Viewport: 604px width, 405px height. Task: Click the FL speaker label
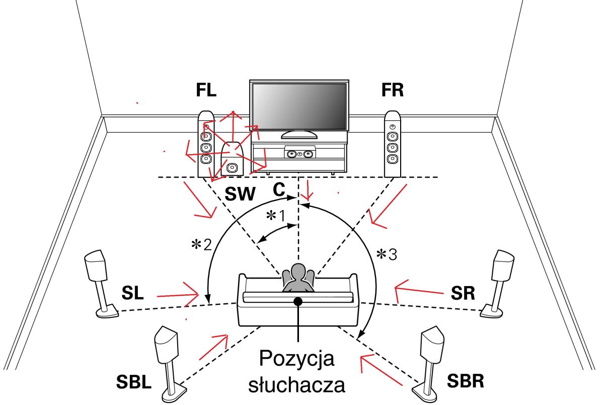coord(206,90)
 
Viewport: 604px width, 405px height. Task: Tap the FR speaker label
coord(393,90)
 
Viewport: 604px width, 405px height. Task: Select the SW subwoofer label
coord(240,194)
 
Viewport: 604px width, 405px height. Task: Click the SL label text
coord(132,293)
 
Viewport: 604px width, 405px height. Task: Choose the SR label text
coord(463,293)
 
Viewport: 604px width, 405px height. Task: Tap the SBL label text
coord(134,382)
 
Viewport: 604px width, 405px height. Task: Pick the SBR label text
coord(466,381)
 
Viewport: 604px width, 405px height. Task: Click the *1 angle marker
coord(276,216)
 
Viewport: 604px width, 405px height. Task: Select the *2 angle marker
coord(201,245)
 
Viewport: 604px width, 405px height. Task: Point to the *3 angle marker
coord(387,255)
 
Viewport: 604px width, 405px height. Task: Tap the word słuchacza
coord(296,384)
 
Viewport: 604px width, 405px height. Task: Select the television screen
coord(299,106)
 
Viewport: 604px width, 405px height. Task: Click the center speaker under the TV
coord(300,154)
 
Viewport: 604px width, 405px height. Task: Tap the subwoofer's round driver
coord(232,168)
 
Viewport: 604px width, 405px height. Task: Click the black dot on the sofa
coord(297,301)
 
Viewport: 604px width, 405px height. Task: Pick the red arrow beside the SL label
coord(178,295)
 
